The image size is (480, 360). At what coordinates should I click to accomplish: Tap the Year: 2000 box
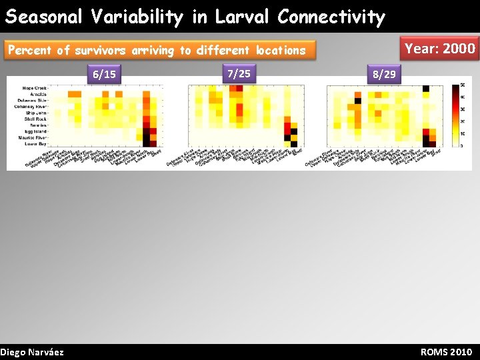440,48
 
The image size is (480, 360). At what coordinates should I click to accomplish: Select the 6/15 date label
104,75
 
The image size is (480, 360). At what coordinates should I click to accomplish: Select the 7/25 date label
239,73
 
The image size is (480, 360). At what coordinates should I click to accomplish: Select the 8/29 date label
385,75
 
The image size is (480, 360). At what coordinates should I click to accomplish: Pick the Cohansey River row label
32,107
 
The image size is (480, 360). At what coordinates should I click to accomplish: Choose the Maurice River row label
33,137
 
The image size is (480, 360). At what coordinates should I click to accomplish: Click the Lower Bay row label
36,143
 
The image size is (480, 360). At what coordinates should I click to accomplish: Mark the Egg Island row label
35,131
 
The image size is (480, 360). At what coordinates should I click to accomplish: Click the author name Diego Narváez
32,352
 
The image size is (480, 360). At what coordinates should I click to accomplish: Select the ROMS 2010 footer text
446,352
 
